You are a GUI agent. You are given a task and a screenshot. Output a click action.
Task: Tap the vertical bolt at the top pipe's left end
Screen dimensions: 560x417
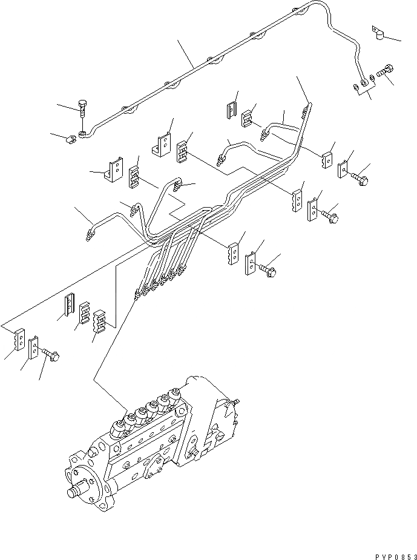[83, 113]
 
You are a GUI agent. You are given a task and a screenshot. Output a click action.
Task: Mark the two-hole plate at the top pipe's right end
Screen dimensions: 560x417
[362, 88]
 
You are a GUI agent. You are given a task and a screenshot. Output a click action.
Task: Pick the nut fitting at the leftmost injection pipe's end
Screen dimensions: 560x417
[90, 233]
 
